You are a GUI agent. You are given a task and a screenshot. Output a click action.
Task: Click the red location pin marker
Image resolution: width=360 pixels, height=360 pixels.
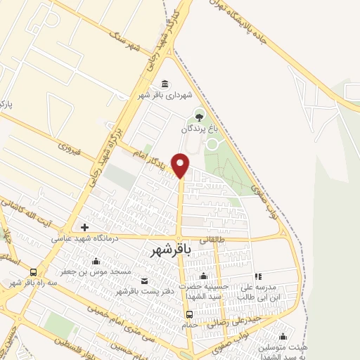click(x=181, y=165)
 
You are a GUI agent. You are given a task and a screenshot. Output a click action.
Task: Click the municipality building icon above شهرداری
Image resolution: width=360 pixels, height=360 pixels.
click(x=165, y=83)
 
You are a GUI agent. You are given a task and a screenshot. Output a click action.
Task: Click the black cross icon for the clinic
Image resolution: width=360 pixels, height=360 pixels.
click(x=84, y=227)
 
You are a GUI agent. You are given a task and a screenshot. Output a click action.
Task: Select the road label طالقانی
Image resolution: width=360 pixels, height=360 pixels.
click(x=214, y=239)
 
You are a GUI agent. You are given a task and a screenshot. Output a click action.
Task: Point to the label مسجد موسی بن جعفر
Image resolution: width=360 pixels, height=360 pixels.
click(x=80, y=270)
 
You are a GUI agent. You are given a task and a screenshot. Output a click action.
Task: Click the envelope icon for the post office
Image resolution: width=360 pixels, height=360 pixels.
click(x=146, y=281)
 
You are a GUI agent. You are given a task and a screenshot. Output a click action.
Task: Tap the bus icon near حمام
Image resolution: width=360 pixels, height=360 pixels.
click(x=189, y=314)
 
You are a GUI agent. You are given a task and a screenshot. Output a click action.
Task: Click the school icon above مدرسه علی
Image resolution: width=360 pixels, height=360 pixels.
click(x=257, y=277)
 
